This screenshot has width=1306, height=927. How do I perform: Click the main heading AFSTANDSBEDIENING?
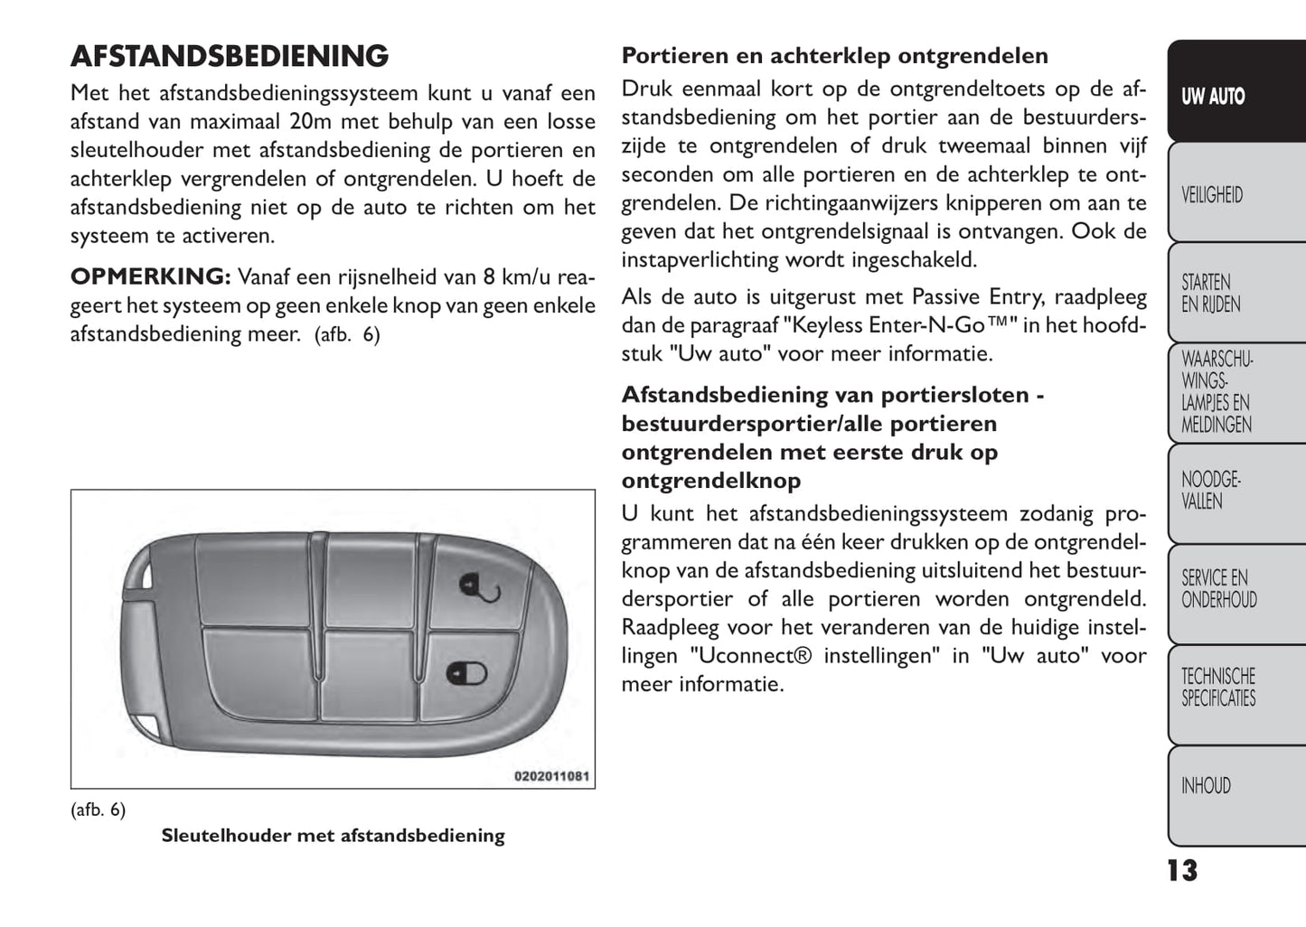[x=230, y=56]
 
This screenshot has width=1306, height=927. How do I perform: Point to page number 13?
[x=1182, y=870]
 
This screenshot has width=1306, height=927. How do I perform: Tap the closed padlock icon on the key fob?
[x=466, y=673]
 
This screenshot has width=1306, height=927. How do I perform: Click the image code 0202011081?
[x=551, y=776]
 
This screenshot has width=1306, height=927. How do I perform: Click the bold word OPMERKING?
[x=150, y=276]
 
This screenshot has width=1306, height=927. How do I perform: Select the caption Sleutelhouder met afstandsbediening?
[x=333, y=836]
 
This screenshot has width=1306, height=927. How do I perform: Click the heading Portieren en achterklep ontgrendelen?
[x=834, y=56]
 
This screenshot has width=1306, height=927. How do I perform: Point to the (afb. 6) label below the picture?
[x=98, y=810]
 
